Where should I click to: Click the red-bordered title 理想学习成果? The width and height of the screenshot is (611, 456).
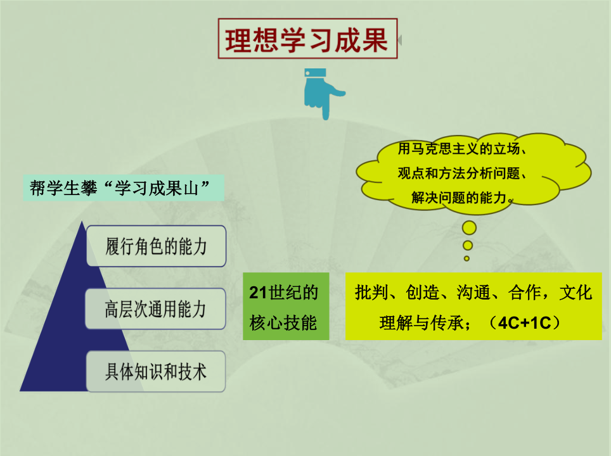pyautogui.click(x=307, y=39)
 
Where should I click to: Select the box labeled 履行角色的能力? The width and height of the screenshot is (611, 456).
pyautogui.click(x=156, y=246)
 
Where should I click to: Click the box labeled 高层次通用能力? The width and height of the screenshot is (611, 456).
pyautogui.click(x=155, y=309)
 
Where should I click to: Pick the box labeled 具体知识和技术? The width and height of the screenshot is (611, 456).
pyautogui.click(x=155, y=371)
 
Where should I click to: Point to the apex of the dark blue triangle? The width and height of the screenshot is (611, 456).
pyautogui.click(x=82, y=221)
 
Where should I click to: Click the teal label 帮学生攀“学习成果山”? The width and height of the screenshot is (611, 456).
pyautogui.click(x=124, y=188)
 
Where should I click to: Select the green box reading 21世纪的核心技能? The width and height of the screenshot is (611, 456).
pyautogui.click(x=286, y=307)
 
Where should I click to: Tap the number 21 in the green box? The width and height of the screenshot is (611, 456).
pyautogui.click(x=259, y=293)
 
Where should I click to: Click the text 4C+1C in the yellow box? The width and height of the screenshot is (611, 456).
pyautogui.click(x=525, y=323)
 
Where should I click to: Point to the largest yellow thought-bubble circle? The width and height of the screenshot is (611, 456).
pyautogui.click(x=469, y=228)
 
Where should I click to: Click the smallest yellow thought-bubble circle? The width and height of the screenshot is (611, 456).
pyautogui.click(x=466, y=258)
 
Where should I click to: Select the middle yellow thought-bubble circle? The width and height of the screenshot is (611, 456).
pyautogui.click(x=468, y=245)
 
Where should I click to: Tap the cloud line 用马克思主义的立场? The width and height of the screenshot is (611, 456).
pyautogui.click(x=459, y=148)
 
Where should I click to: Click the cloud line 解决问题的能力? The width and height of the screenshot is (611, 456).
pyautogui.click(x=459, y=198)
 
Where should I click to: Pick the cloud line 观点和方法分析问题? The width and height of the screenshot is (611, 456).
pyautogui.click(x=459, y=173)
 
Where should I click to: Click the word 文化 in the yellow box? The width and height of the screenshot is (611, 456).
pyautogui.click(x=576, y=293)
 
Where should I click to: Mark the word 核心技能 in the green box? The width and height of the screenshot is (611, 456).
pyautogui.click(x=283, y=323)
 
